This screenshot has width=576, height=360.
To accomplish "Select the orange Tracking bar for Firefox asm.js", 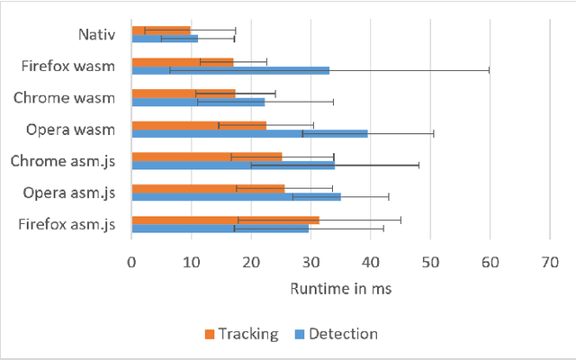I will (x=225, y=220).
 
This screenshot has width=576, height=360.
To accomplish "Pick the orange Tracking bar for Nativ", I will (x=161, y=31).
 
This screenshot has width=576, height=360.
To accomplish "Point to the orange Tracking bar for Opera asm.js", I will (x=208, y=188).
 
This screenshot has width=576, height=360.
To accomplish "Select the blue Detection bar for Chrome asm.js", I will (x=233, y=165).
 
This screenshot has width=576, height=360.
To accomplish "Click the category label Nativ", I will (x=95, y=35).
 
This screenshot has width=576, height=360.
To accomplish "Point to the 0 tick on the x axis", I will (x=132, y=263).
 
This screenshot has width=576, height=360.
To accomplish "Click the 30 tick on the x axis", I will (x=310, y=263).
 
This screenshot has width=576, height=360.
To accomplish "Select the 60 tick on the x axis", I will (x=490, y=263).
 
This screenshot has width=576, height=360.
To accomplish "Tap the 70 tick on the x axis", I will (x=549, y=263).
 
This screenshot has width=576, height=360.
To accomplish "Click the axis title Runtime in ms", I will (x=340, y=290).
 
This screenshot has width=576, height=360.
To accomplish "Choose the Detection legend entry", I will (x=334, y=334).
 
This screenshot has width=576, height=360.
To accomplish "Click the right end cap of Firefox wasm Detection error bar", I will (x=489, y=70).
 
